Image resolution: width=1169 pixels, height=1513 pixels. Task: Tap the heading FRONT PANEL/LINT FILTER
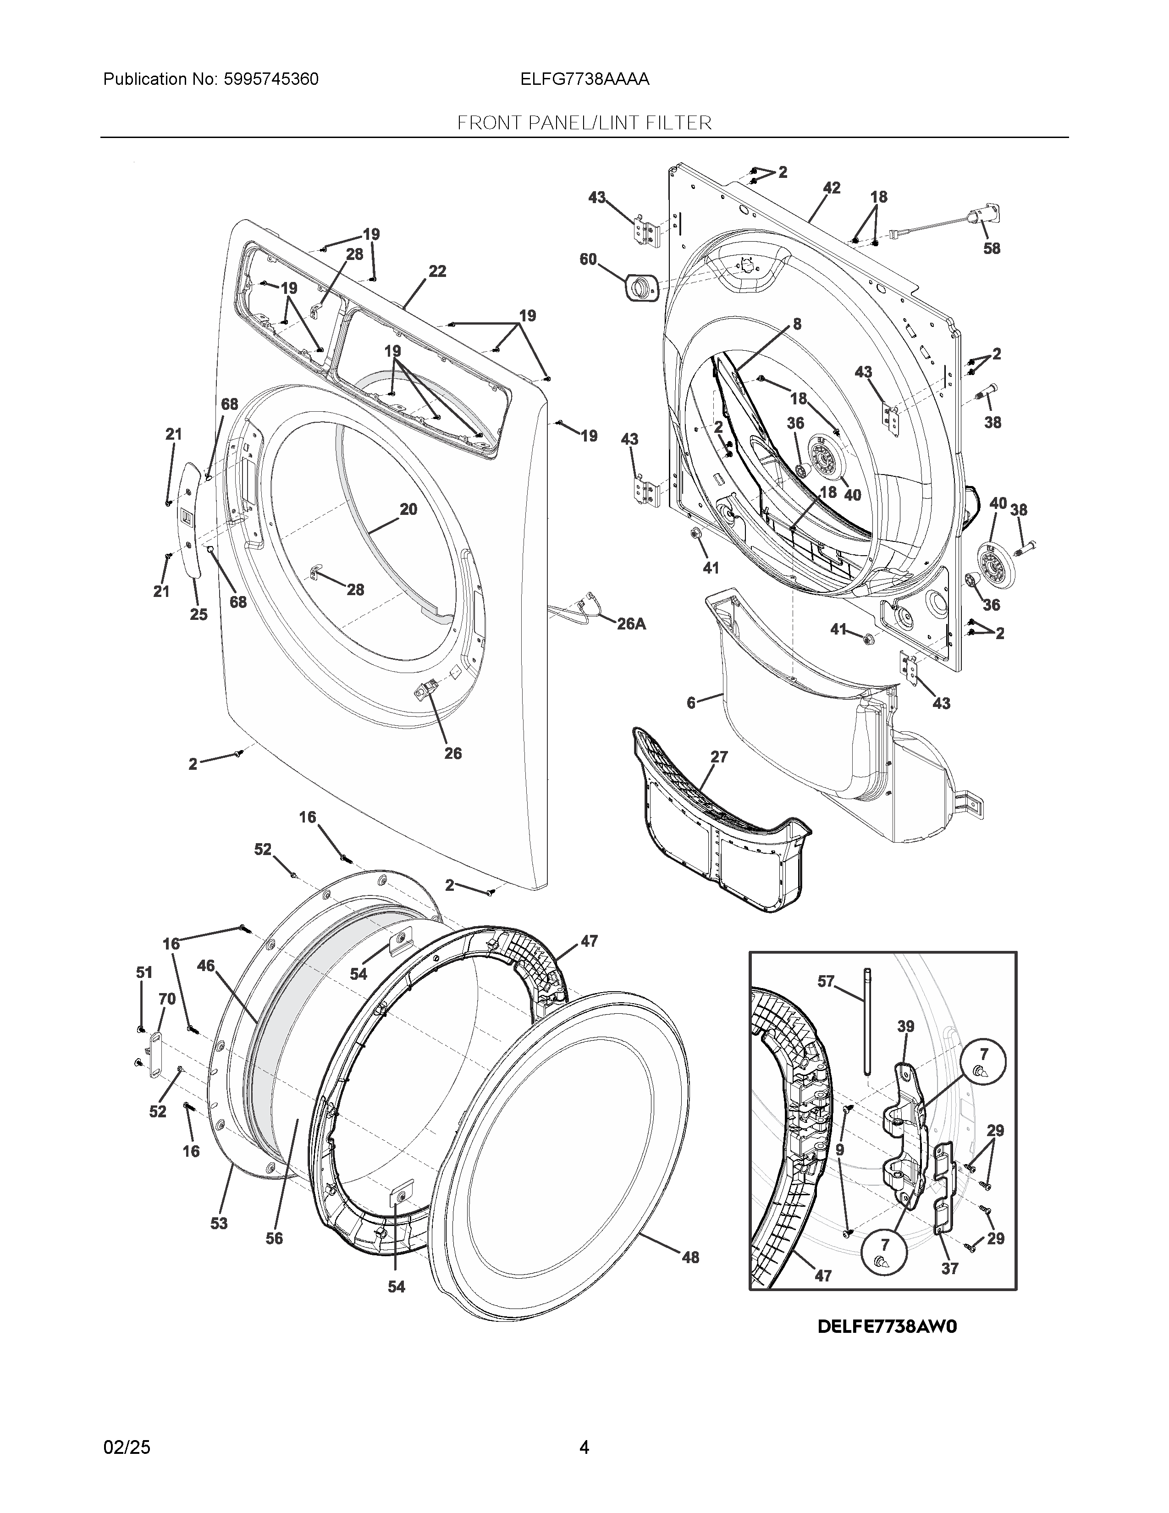coord(584,123)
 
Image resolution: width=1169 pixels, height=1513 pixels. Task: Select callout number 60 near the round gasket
coord(588,259)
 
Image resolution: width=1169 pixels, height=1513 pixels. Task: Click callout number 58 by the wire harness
coord(992,248)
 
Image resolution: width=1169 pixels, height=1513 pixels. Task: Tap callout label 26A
coord(631,624)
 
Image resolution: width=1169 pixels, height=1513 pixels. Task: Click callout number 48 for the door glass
coord(690,1257)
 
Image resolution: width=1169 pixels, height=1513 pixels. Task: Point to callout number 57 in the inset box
coord(826,981)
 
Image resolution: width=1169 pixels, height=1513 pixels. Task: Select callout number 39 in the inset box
coord(906,1026)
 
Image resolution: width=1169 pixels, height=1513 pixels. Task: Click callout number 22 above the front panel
coord(437,271)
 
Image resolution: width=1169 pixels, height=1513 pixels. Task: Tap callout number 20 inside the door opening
coord(408,509)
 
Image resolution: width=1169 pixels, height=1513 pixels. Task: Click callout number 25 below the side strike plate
coord(199,614)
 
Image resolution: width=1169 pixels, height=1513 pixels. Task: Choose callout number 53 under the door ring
coord(219,1223)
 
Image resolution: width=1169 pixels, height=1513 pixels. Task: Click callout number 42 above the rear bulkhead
coord(832,188)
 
